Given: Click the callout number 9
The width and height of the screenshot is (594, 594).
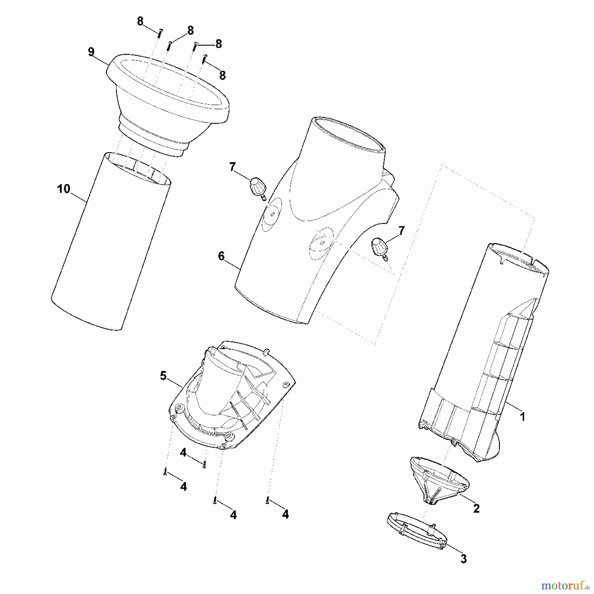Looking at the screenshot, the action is pos(91,52).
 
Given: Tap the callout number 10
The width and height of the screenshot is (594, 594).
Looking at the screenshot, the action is pos(64,189).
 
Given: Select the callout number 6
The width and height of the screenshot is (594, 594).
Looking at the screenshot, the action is pos(221,256).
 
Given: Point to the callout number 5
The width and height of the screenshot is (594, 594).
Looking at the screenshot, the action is pos(163,376).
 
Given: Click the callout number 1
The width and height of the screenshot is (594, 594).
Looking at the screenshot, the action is pos(522,417).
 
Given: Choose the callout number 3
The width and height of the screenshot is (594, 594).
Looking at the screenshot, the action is pos(464,559).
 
